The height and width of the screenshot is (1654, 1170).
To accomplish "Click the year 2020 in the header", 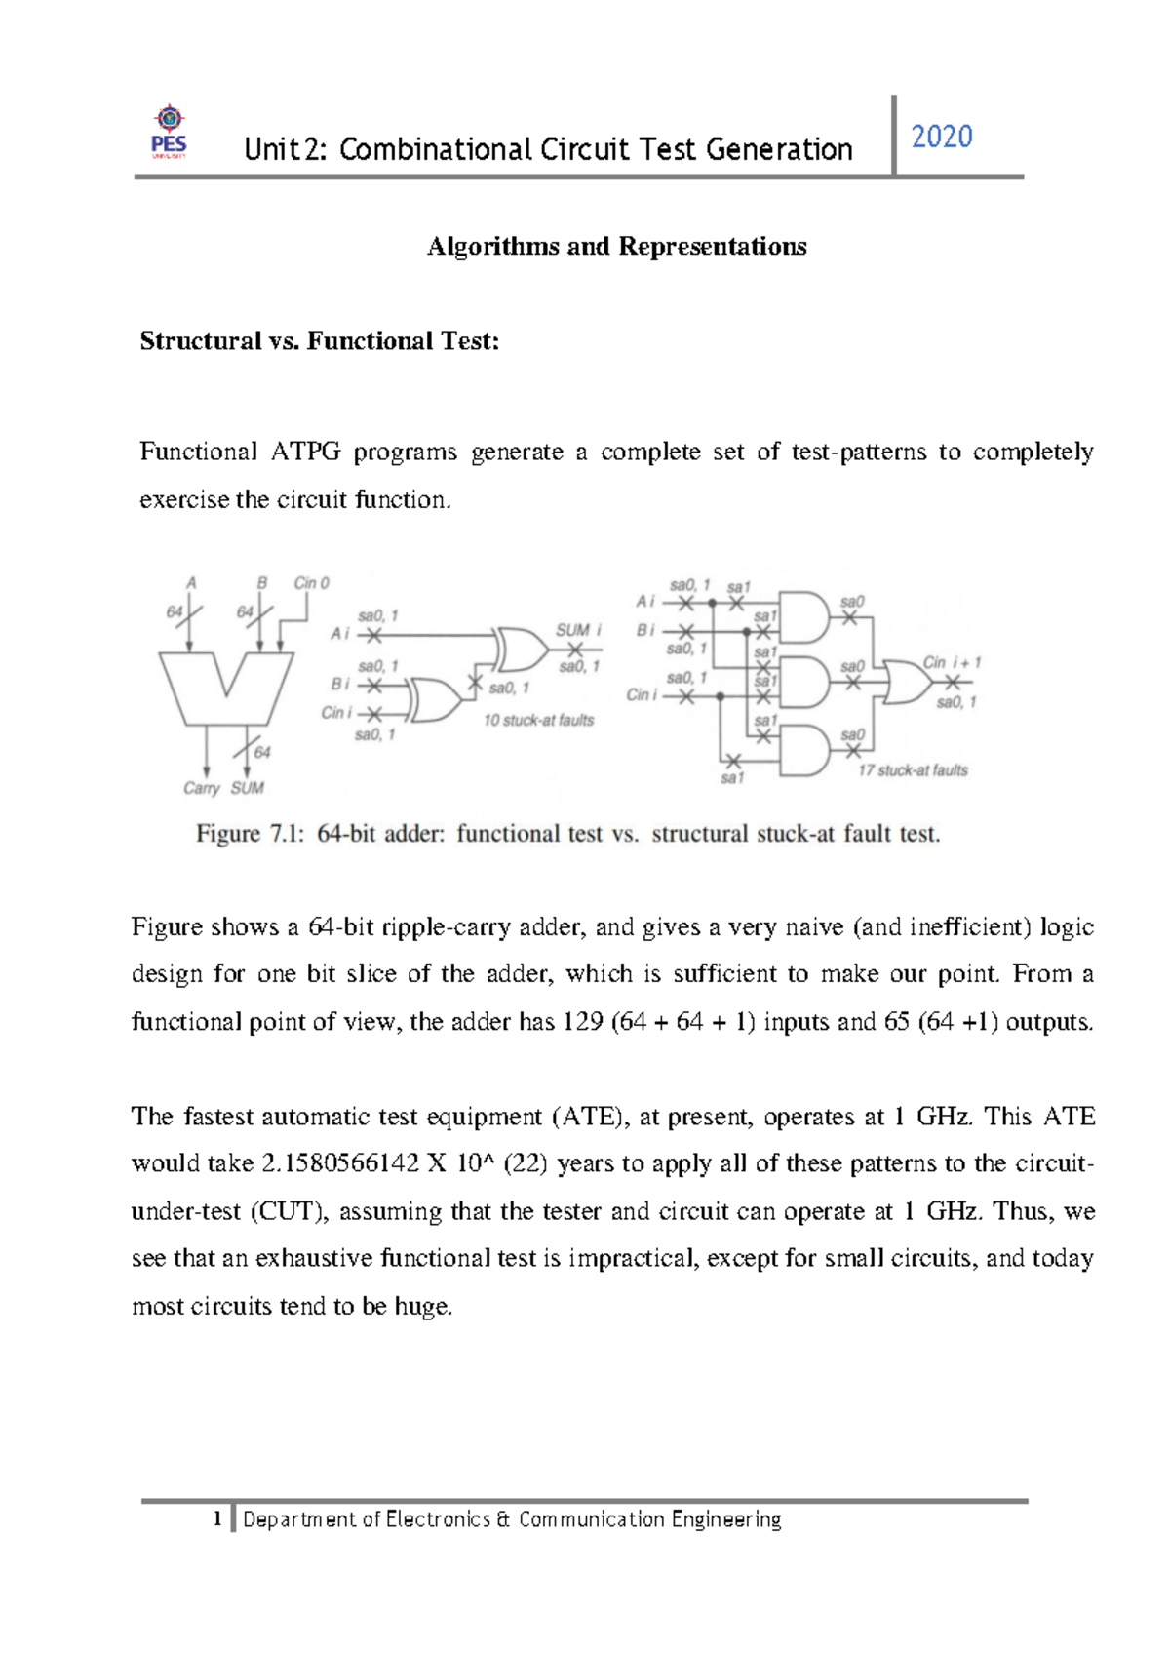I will point(941,137).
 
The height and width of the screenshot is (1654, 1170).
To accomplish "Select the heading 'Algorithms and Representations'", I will point(616,246).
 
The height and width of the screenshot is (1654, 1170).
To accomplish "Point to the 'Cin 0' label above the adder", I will point(311,582).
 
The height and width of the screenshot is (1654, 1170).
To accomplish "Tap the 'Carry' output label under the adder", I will point(202,788).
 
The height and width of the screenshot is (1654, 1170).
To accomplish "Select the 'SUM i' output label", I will point(578,630).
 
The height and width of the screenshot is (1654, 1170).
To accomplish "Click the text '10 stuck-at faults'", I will point(538,721).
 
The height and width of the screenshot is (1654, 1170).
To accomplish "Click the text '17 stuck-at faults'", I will point(913,770).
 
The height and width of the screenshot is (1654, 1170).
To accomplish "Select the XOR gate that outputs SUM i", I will point(521,650).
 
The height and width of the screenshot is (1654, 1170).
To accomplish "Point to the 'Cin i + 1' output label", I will point(952,662).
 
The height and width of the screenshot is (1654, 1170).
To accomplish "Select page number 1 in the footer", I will point(218,1519).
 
